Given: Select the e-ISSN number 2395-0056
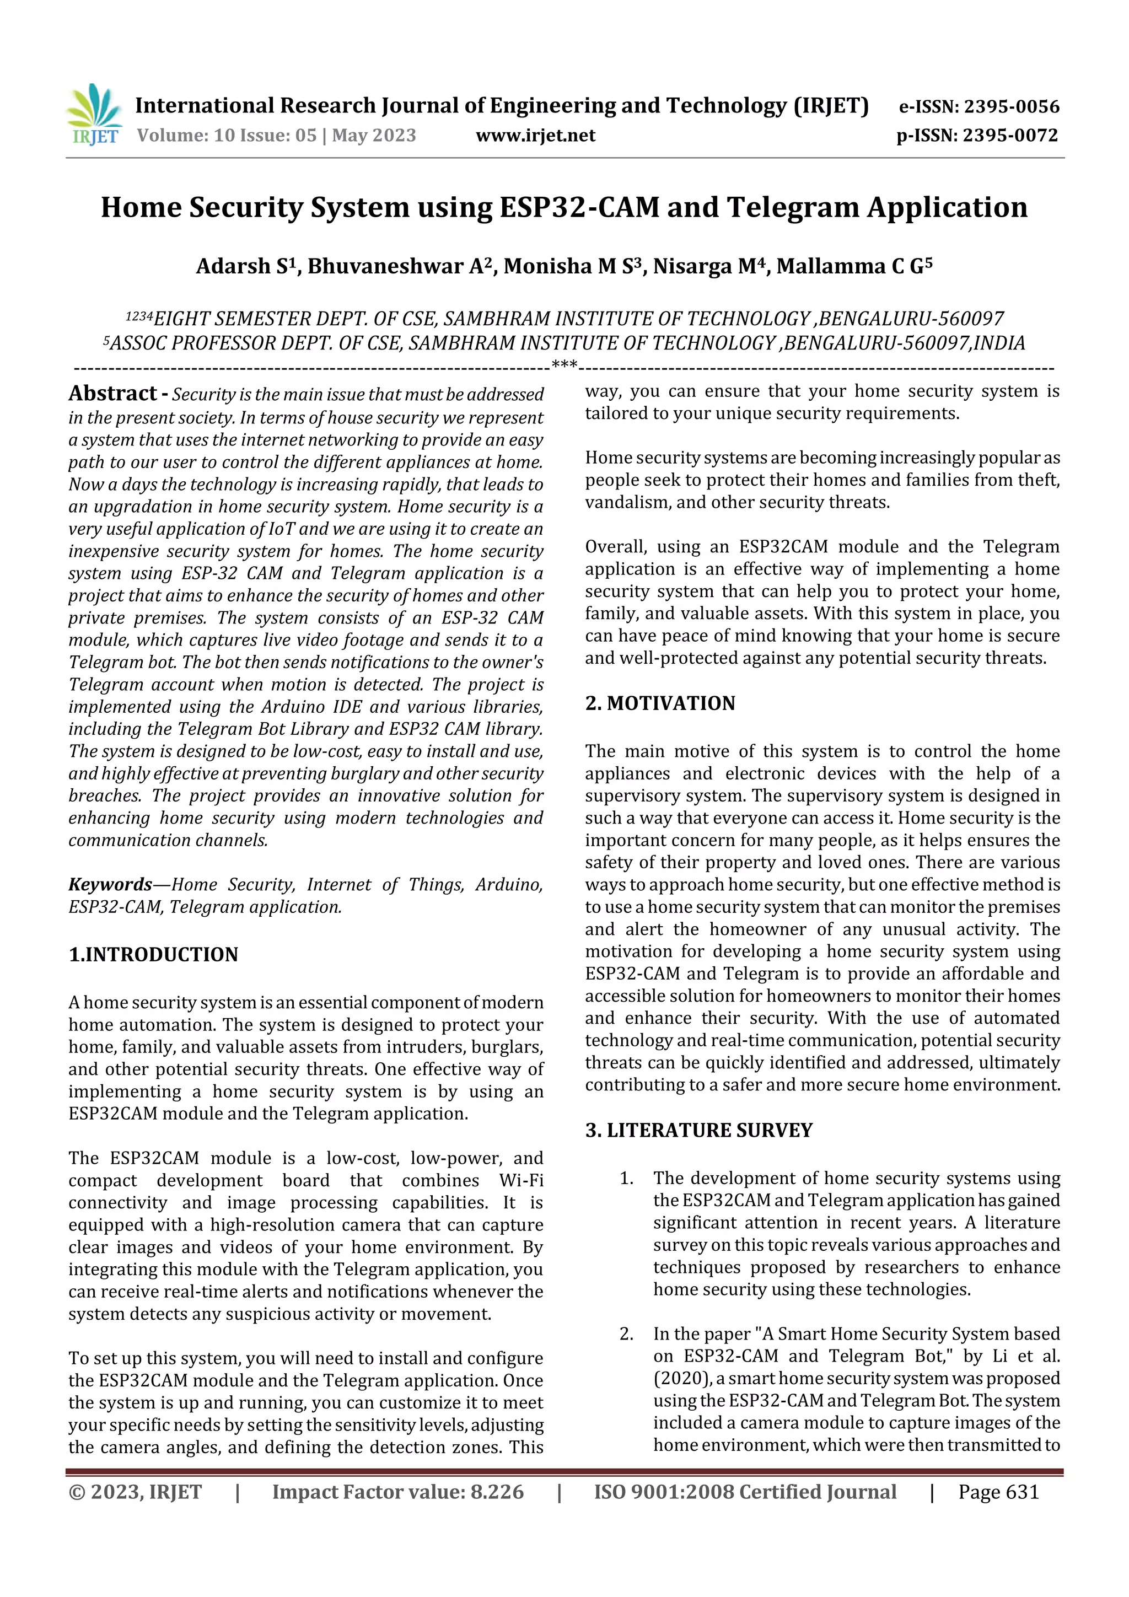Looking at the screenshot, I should [1012, 106].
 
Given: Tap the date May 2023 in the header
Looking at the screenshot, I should [374, 135].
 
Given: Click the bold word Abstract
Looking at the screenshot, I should [112, 394].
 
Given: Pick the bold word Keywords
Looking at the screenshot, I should [110, 884].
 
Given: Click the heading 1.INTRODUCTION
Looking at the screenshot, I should [153, 954].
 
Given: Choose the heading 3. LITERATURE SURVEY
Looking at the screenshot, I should [698, 1130].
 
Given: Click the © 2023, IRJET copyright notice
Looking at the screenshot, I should [135, 1492].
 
